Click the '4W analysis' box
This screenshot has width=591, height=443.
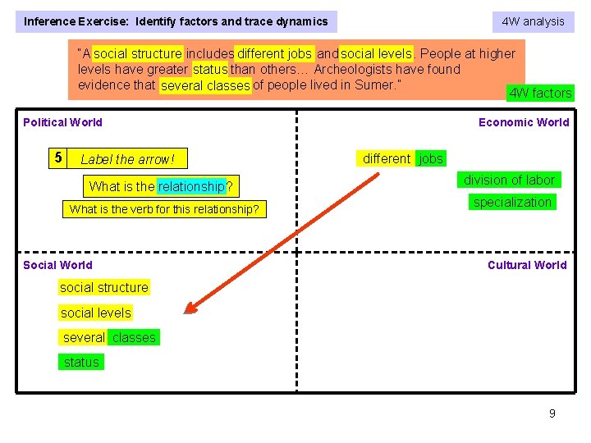[533, 21]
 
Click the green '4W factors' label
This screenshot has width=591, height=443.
[540, 93]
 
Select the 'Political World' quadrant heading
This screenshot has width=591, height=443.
[63, 122]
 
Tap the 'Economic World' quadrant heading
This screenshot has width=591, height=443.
[524, 122]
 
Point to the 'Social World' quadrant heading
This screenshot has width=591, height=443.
[57, 265]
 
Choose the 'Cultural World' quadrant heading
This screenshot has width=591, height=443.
[527, 265]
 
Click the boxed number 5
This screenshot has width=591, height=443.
[57, 158]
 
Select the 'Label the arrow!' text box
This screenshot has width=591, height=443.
[128, 159]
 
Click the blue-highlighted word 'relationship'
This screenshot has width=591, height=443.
[191, 187]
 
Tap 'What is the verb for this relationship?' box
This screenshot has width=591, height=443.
[164, 209]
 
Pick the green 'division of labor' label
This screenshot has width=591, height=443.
[509, 180]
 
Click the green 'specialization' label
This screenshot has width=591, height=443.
[512, 202]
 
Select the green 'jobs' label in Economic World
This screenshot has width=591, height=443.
[431, 158]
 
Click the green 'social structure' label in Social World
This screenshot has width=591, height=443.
[104, 287]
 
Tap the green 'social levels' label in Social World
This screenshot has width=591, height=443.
[95, 313]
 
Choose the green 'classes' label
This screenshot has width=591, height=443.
[134, 337]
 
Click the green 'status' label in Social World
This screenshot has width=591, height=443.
[81, 362]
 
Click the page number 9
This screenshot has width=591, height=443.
[552, 413]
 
